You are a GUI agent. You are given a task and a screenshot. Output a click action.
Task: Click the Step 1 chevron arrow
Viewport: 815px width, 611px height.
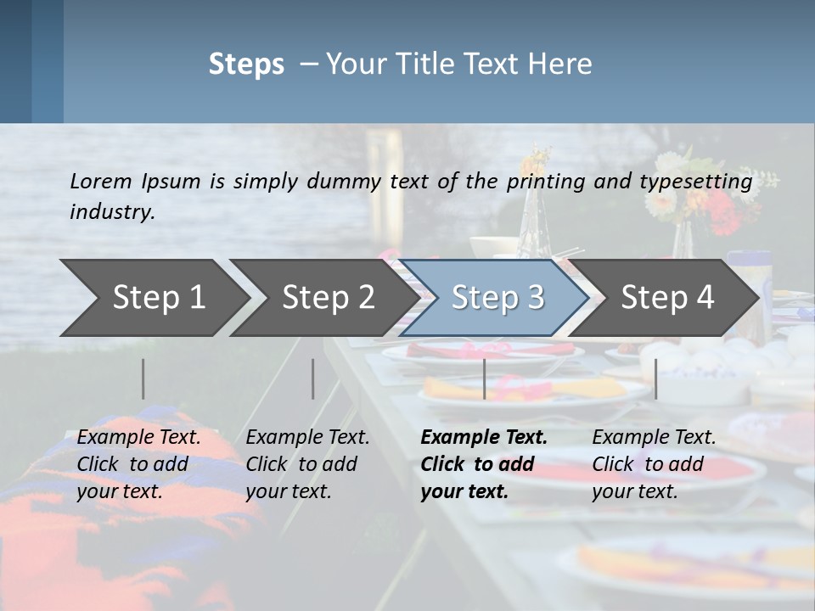(157, 298)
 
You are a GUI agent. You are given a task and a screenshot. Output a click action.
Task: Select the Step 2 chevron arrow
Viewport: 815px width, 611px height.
(327, 298)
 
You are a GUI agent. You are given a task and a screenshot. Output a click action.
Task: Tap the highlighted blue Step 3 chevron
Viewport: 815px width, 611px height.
(497, 298)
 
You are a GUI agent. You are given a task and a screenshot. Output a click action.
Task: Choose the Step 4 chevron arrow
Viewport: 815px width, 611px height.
(666, 298)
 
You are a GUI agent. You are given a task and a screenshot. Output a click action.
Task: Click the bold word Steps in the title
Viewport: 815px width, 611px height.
(246, 64)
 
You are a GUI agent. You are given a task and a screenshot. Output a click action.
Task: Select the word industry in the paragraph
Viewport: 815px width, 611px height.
(111, 211)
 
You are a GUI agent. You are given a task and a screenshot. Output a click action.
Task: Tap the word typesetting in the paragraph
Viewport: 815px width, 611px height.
(701, 181)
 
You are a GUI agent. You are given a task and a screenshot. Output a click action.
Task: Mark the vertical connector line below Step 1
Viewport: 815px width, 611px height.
(143, 378)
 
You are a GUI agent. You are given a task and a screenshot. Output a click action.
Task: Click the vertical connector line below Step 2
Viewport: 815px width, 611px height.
(313, 378)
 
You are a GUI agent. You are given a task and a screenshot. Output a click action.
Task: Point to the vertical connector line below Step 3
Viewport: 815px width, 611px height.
(484, 378)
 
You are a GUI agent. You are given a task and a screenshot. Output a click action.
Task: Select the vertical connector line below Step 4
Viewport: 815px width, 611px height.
(655, 378)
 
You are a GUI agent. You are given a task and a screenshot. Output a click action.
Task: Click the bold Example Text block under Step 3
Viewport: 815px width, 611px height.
(483, 464)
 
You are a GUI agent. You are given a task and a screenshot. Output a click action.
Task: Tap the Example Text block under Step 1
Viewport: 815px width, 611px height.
(138, 464)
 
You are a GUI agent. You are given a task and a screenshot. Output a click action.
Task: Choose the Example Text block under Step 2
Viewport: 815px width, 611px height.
(307, 464)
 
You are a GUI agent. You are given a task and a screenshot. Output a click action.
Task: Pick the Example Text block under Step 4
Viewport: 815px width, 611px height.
(654, 464)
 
